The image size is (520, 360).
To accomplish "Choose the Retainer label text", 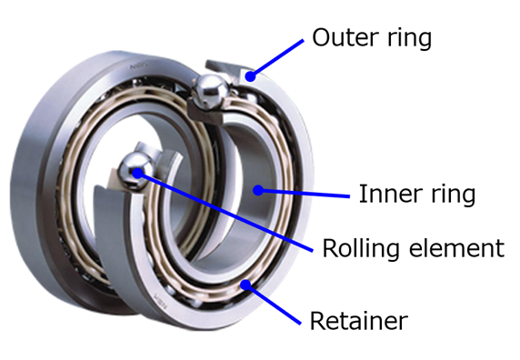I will [x=359, y=321].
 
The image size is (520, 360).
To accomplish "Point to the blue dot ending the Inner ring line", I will [x=259, y=189].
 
